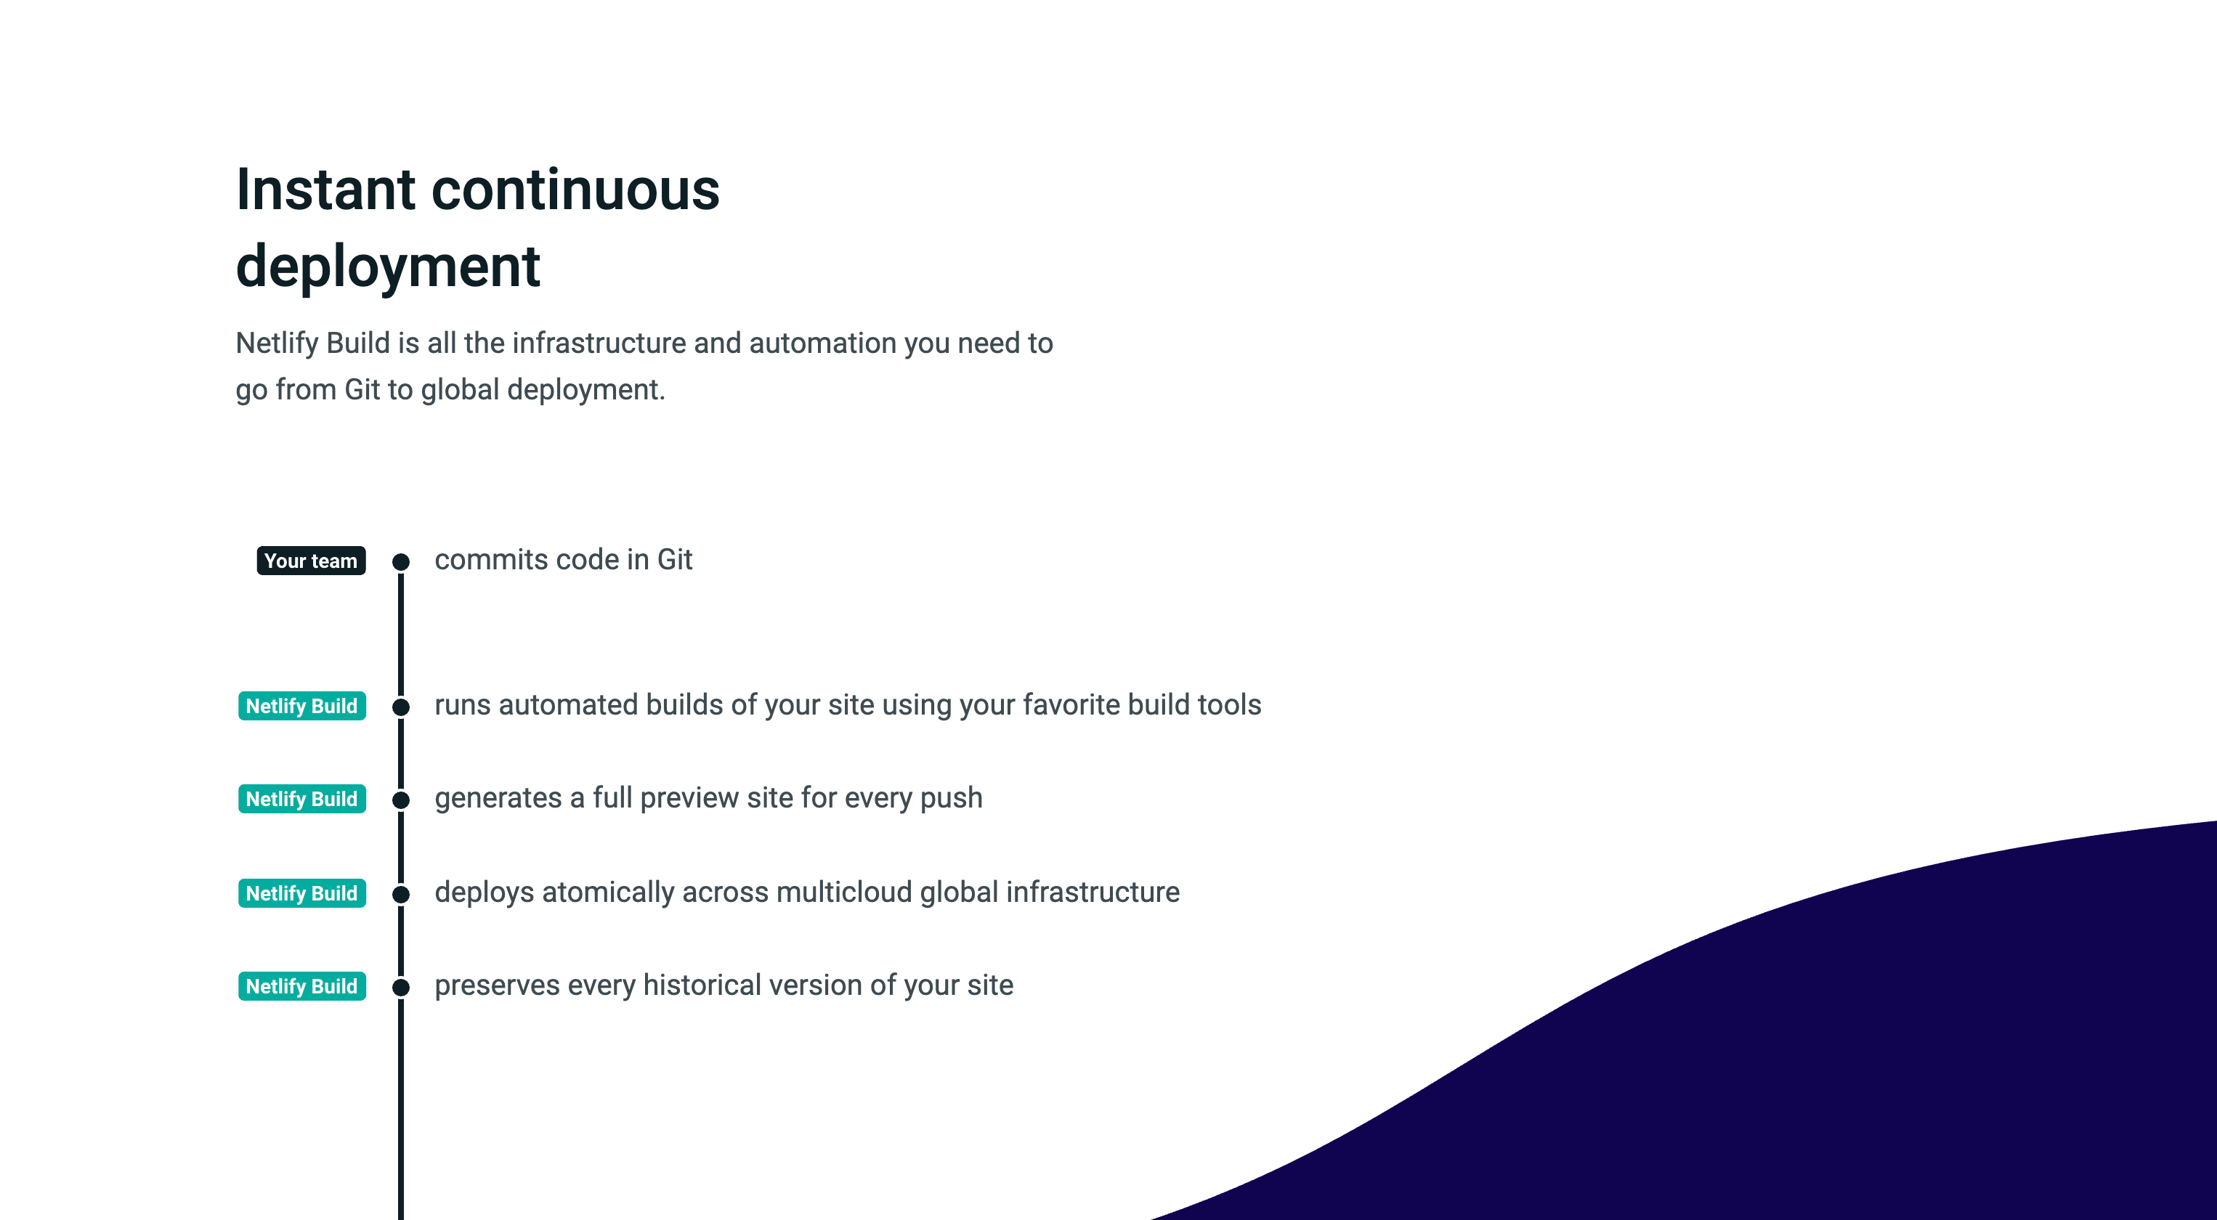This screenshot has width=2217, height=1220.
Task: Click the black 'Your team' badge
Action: click(x=311, y=561)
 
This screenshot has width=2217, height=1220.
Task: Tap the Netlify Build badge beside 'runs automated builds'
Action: click(x=302, y=706)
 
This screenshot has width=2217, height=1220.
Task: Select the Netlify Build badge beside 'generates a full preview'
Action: click(x=302, y=798)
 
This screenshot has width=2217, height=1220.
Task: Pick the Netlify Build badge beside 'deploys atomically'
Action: click(x=302, y=893)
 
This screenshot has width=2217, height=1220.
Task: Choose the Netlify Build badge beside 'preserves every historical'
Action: click(x=302, y=986)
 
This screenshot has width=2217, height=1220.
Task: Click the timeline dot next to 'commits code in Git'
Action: click(x=401, y=563)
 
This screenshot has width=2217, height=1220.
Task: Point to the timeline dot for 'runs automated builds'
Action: click(x=401, y=707)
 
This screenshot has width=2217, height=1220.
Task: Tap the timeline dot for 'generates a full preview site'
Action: click(x=401, y=800)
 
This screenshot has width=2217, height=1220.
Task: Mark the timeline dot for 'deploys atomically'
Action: click(x=401, y=895)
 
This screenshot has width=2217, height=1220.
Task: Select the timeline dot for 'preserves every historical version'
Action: click(x=401, y=988)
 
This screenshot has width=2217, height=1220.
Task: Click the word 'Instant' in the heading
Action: click(x=326, y=190)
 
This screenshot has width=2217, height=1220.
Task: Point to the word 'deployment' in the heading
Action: click(x=388, y=267)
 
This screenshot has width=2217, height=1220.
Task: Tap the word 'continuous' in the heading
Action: click(x=575, y=190)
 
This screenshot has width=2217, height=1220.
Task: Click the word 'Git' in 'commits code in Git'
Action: click(x=675, y=559)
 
